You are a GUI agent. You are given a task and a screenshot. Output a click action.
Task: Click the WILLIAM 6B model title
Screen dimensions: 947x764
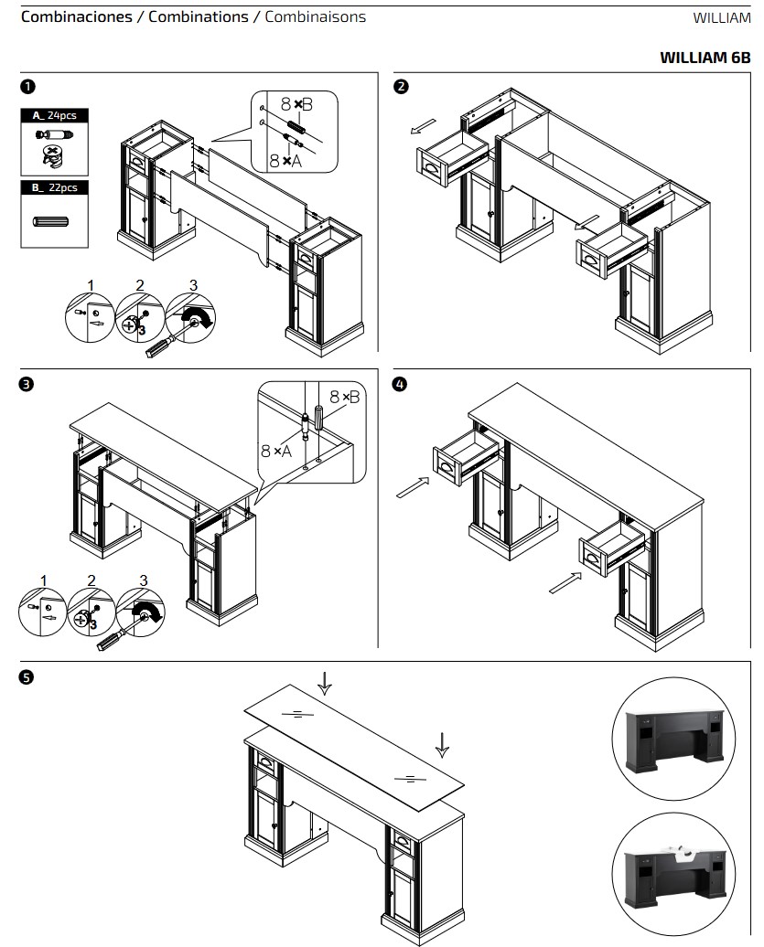pos(705,57)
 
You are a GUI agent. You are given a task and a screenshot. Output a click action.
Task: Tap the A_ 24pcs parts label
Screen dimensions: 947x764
pos(55,115)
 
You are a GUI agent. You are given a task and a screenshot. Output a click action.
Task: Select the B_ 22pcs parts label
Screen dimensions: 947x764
pos(55,187)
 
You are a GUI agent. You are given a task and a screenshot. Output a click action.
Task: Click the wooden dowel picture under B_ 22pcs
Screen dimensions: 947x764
pos(54,222)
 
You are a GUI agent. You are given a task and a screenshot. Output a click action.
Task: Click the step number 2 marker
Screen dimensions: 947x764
pos(401,87)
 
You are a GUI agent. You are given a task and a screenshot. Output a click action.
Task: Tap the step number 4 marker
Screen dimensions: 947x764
pos(401,384)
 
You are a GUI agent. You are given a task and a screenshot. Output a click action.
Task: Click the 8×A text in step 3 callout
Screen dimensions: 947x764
pos(276,451)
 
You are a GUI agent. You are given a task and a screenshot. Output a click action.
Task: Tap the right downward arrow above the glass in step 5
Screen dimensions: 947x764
pos(443,744)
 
